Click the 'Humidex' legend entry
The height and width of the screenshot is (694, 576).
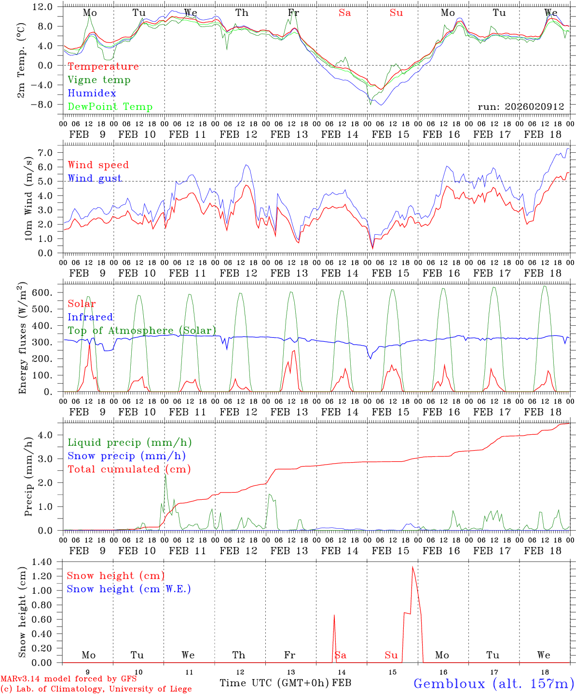[92, 93]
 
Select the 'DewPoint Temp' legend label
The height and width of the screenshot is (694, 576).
[110, 107]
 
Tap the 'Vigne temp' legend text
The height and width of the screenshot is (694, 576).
[99, 80]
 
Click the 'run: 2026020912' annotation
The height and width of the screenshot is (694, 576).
[521, 107]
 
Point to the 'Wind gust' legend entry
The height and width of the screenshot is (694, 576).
[95, 178]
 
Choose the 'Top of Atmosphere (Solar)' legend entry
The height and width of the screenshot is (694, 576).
[142, 331]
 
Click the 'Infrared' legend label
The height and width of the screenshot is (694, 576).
[90, 317]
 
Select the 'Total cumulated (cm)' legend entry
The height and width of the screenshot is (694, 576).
[129, 469]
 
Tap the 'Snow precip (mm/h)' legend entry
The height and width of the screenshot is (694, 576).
[126, 456]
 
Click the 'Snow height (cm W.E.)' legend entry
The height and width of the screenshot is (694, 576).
[129, 589]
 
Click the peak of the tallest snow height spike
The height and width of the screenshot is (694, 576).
[412, 567]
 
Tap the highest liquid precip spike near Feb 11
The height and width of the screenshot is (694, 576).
[165, 475]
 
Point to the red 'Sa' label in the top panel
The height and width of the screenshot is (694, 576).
[344, 13]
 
